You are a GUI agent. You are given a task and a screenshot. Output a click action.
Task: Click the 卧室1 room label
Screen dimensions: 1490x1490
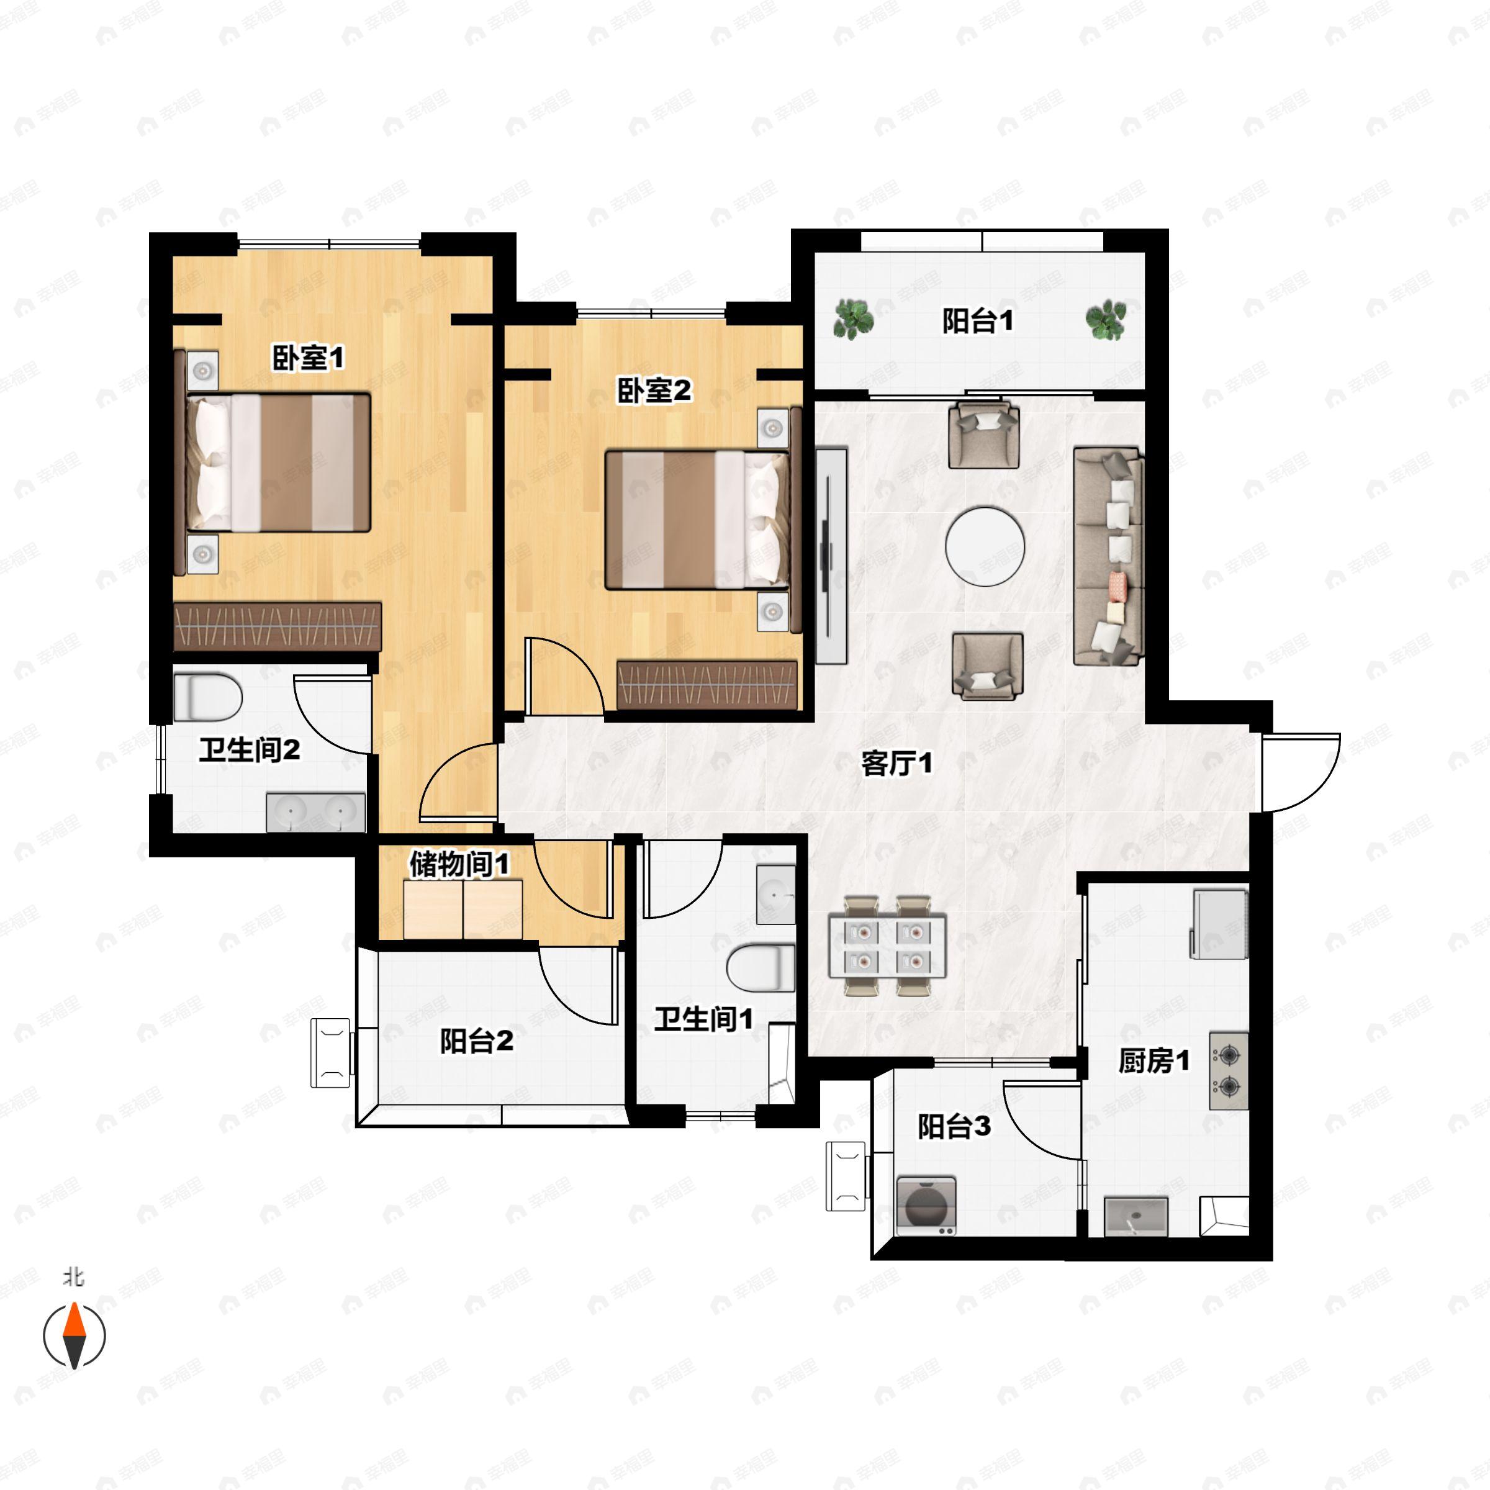click(x=308, y=358)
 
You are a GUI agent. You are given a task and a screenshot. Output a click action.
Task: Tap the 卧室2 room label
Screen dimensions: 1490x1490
click(x=653, y=391)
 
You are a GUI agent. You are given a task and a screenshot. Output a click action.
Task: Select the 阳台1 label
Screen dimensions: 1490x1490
click(x=977, y=321)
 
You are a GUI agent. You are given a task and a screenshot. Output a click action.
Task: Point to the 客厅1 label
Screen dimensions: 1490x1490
click(x=896, y=764)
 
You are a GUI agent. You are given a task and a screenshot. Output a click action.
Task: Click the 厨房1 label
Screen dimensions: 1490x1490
click(x=1154, y=1061)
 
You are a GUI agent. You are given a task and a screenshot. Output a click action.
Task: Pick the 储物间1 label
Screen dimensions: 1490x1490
click(x=459, y=864)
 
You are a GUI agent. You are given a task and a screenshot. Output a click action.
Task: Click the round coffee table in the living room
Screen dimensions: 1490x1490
click(x=985, y=545)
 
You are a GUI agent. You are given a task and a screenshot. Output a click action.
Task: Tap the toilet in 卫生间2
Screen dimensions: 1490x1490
click(x=207, y=697)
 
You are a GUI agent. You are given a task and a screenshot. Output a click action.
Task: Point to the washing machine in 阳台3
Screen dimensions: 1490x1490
click(x=926, y=1206)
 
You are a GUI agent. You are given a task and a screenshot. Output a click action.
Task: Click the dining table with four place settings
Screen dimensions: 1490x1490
click(x=887, y=946)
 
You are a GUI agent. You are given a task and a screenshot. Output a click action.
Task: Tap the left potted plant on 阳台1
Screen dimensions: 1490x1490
click(x=852, y=318)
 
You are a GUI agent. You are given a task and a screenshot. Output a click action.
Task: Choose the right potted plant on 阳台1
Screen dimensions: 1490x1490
click(x=1105, y=318)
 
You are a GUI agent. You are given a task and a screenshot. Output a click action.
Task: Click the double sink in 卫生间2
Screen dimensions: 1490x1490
click(x=315, y=812)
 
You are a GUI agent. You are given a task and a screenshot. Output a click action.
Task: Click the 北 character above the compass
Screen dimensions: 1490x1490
click(x=73, y=1278)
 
